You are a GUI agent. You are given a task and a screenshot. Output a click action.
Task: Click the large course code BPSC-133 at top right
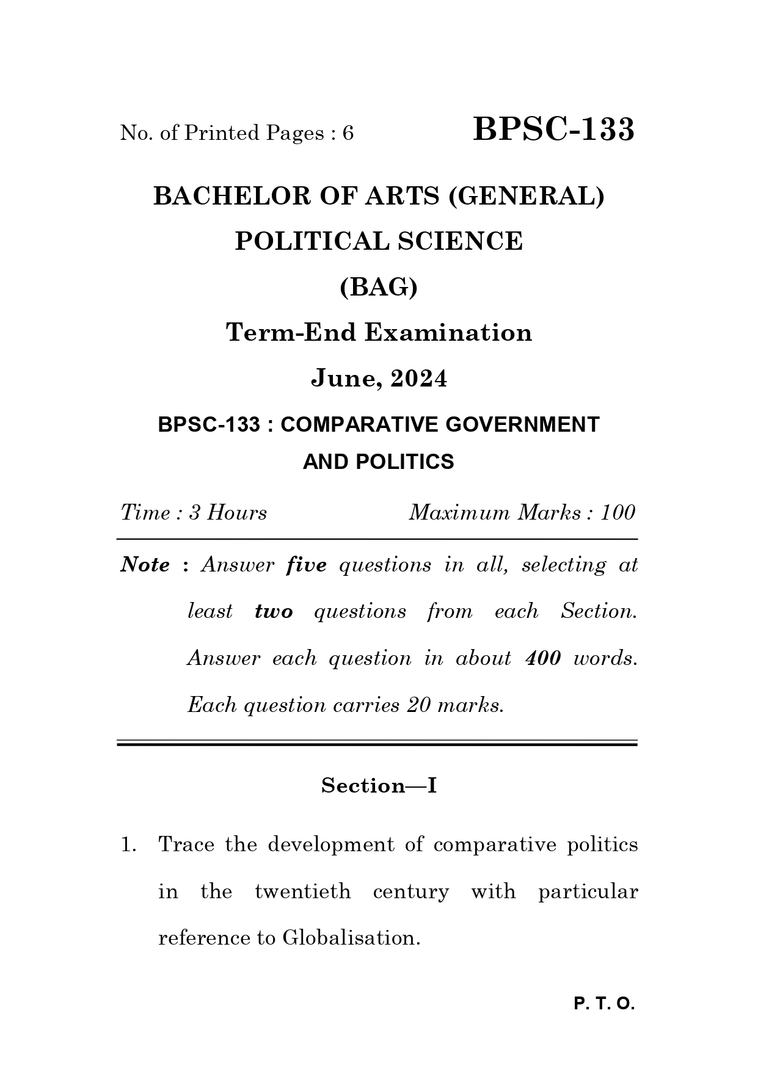click(553, 130)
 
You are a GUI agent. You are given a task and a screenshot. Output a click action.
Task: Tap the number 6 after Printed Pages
click(348, 133)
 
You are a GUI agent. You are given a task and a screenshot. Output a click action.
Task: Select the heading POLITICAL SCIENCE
click(379, 241)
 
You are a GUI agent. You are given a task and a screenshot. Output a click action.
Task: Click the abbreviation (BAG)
click(379, 286)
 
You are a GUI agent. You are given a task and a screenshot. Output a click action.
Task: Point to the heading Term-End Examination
click(379, 333)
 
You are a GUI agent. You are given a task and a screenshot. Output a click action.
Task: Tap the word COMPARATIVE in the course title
click(359, 424)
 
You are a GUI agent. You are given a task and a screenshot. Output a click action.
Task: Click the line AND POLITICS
click(379, 462)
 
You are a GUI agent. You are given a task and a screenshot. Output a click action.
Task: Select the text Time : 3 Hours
click(194, 512)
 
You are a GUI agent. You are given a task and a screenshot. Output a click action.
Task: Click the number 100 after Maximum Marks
click(618, 512)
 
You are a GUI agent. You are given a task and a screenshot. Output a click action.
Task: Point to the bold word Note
click(145, 565)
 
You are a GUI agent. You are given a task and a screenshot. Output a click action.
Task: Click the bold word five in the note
click(306, 565)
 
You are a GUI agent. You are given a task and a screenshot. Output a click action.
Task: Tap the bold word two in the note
click(274, 611)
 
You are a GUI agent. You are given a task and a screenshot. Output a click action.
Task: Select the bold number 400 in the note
click(542, 658)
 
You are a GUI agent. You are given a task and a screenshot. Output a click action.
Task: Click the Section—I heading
click(379, 785)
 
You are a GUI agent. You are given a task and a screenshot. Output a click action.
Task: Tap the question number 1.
click(128, 845)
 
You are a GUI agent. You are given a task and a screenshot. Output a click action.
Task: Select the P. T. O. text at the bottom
click(604, 1004)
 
